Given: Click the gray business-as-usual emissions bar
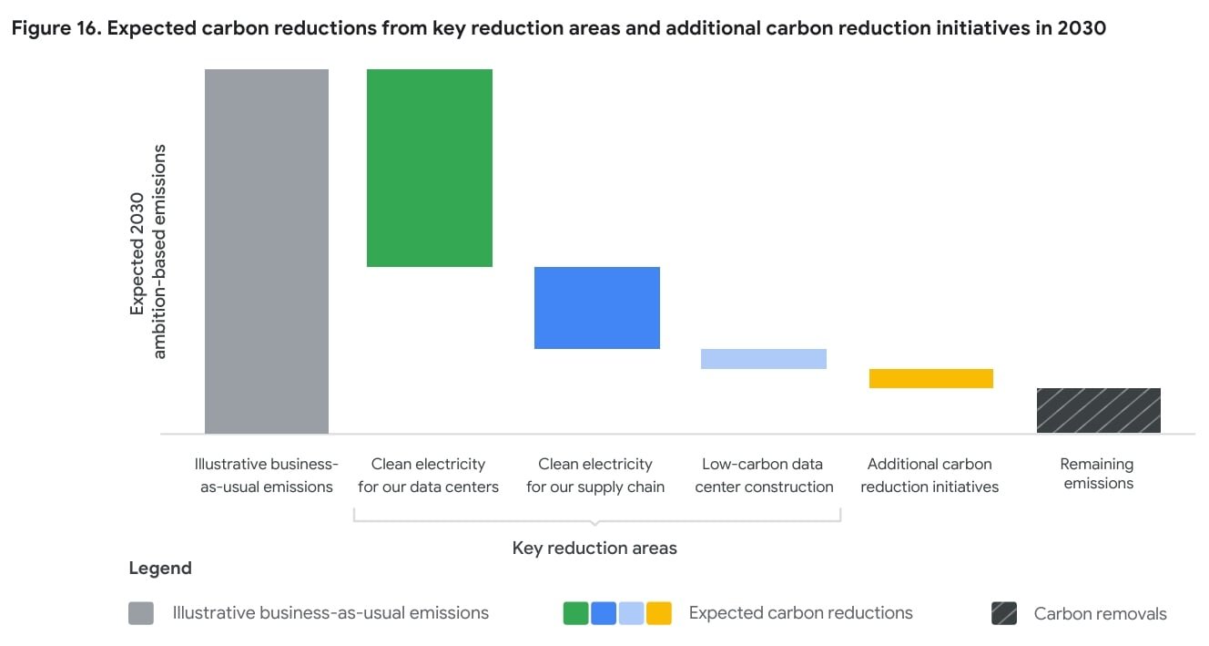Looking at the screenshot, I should [266, 251].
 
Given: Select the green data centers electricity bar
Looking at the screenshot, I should [429, 168].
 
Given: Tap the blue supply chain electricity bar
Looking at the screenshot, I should [596, 307].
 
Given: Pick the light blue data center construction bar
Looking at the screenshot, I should [763, 358].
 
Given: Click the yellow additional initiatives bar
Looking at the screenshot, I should [930, 378].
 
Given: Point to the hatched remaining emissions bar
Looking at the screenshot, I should [1098, 410].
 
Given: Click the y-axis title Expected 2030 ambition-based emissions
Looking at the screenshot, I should [147, 251].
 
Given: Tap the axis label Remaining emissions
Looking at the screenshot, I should [1098, 474].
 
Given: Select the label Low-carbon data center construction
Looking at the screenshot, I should [763, 476].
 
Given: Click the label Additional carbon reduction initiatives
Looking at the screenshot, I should [930, 476].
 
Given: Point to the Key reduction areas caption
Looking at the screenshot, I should [594, 548].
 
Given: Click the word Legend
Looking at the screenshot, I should [160, 569].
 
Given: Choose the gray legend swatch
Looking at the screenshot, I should [141, 613].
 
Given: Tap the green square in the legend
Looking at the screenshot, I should [575, 613].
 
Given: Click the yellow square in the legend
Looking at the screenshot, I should [659, 613].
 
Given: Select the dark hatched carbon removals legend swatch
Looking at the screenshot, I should [1004, 613].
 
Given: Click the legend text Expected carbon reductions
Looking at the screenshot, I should [800, 612].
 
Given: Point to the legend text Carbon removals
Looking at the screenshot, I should [1100, 614].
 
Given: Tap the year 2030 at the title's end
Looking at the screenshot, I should [1082, 28].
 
